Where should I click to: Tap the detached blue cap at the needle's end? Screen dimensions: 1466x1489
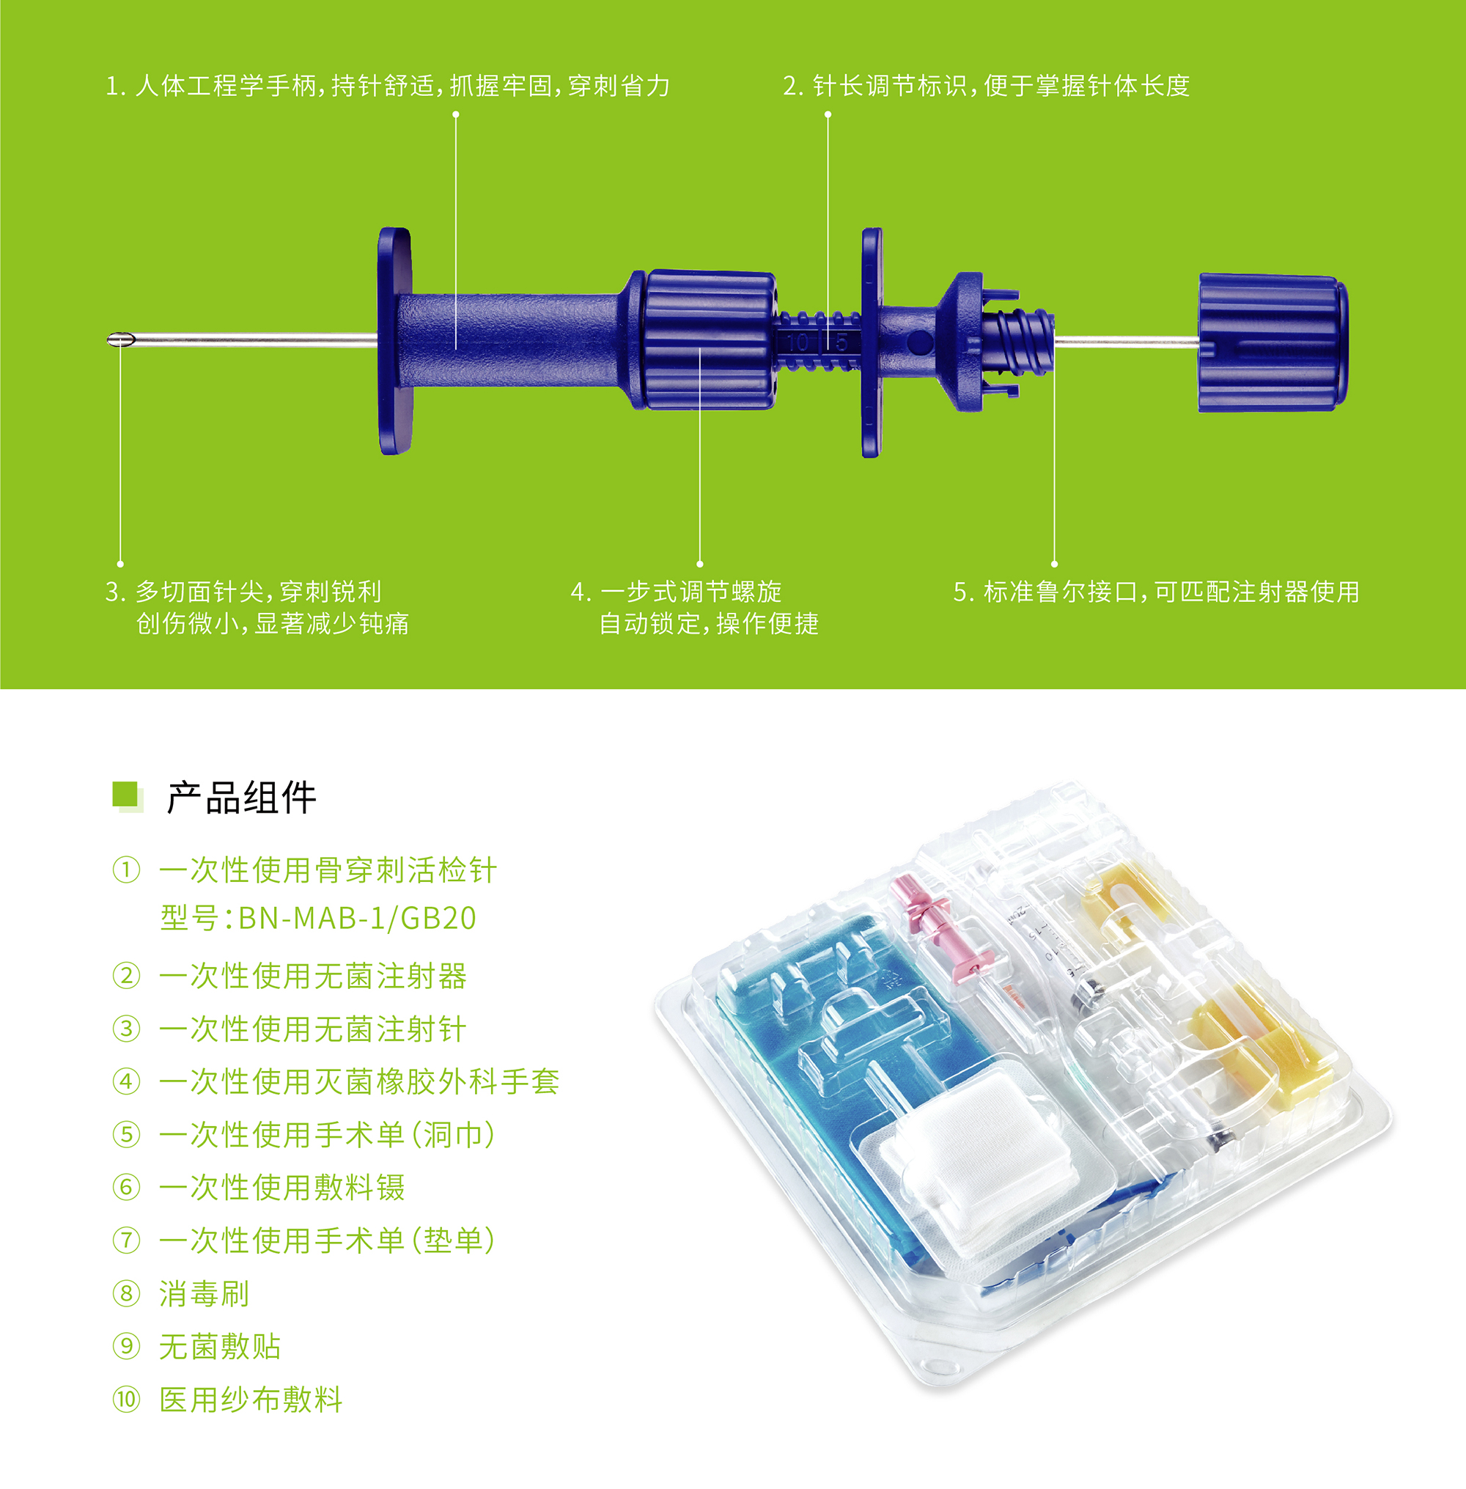click(1272, 342)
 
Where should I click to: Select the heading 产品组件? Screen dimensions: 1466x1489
click(241, 798)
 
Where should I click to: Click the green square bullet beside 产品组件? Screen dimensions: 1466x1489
click(126, 795)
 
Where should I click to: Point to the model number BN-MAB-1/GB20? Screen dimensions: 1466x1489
click(357, 919)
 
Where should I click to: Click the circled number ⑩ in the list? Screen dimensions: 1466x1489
click(126, 1399)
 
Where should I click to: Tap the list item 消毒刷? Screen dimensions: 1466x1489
click(204, 1293)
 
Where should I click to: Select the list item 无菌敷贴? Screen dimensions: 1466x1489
click(219, 1347)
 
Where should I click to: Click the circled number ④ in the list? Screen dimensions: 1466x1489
click(126, 1081)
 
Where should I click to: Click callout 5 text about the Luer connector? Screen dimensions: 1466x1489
click(1156, 592)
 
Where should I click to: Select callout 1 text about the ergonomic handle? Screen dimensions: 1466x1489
click(387, 86)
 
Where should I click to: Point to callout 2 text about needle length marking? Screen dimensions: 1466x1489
click(987, 86)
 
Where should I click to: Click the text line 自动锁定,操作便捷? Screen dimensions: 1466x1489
click(708, 623)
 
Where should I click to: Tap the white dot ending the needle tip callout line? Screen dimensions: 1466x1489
click(120, 564)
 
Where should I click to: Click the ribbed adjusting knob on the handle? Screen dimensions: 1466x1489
click(708, 339)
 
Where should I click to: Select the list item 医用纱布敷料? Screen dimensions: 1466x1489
click(251, 1399)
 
